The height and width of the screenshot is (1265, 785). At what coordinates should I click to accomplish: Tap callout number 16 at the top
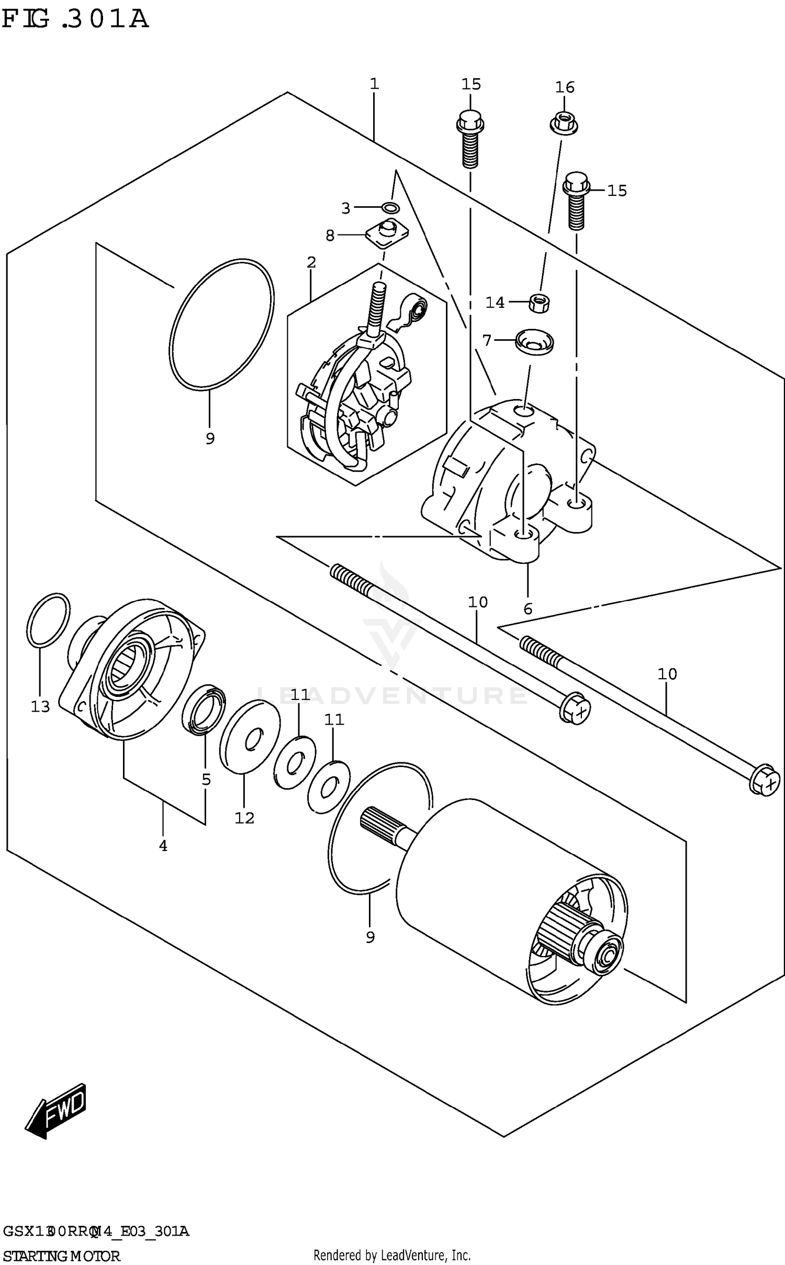[565, 87]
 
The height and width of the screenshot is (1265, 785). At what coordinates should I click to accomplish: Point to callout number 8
[330, 236]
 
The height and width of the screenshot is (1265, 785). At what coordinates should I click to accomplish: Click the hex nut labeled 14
[540, 303]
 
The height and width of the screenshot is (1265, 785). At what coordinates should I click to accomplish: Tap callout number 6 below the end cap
[528, 608]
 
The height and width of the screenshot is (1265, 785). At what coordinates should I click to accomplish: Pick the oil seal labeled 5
[204, 709]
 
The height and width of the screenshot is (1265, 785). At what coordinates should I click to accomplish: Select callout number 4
[163, 845]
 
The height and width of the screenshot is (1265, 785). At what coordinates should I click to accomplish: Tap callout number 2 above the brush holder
[311, 262]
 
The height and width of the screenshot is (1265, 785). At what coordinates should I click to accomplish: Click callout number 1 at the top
[374, 84]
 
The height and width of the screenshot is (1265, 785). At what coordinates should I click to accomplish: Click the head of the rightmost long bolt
[765, 782]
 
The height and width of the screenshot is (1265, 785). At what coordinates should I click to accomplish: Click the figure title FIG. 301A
[76, 20]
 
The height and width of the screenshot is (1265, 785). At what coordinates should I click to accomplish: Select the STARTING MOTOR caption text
[62, 1256]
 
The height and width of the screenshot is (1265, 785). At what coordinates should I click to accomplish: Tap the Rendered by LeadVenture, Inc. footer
[391, 1255]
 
